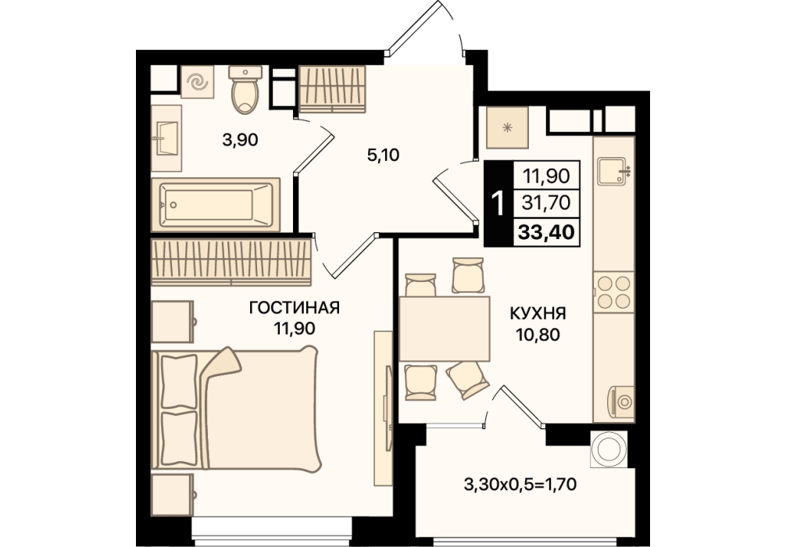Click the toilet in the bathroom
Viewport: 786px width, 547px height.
click(x=245, y=89)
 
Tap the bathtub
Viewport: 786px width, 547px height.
click(x=216, y=205)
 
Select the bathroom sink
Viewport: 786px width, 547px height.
click(x=166, y=138)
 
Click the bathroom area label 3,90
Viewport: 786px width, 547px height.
click(x=240, y=140)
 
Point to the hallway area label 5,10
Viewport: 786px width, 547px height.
click(x=383, y=155)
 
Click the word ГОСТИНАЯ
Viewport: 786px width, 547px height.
click(x=295, y=307)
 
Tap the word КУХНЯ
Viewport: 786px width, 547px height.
click(x=538, y=314)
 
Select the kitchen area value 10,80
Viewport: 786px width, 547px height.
click(x=538, y=334)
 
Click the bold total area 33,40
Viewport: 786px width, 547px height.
click(x=546, y=233)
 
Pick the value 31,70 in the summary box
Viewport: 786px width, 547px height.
click(x=546, y=203)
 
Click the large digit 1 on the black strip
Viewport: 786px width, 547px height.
click(x=498, y=203)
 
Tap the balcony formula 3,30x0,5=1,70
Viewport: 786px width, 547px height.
click(x=520, y=484)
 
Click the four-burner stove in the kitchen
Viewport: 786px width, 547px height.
click(x=613, y=292)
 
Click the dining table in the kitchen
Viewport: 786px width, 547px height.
click(x=444, y=328)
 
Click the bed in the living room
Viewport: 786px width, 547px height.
click(x=236, y=409)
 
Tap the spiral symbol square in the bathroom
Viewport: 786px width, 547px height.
click(x=197, y=82)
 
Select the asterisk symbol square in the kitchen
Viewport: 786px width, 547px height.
click(x=507, y=128)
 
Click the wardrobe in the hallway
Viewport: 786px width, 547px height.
click(x=332, y=90)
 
